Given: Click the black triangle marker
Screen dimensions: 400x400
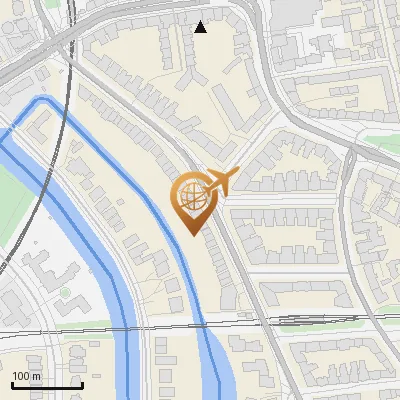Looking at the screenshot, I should (x=201, y=27).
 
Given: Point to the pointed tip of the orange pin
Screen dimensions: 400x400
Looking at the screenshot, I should (x=192, y=234).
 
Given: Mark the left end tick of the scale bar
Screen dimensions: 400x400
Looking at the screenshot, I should (x=11, y=385).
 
